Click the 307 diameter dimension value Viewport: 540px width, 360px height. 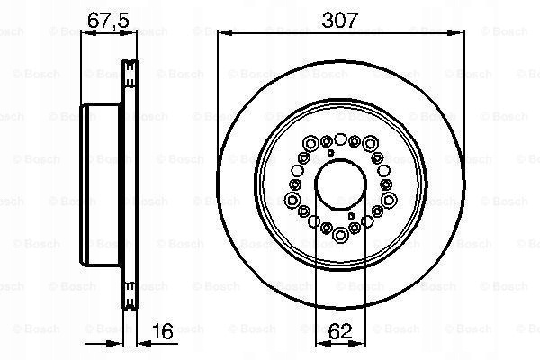pyautogui.click(x=340, y=21)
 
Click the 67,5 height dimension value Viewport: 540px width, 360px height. pyautogui.click(x=108, y=21)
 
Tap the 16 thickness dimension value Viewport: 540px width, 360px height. pyautogui.click(x=163, y=331)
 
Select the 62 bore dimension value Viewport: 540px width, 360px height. pyautogui.click(x=340, y=331)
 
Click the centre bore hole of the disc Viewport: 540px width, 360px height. pyautogui.click(x=340, y=184)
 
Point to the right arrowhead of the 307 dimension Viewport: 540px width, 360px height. pyautogui.click(x=455, y=32)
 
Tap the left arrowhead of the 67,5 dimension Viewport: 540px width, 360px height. pyautogui.click(x=88, y=33)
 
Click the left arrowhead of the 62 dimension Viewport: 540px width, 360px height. pyautogui.click(x=324, y=343)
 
